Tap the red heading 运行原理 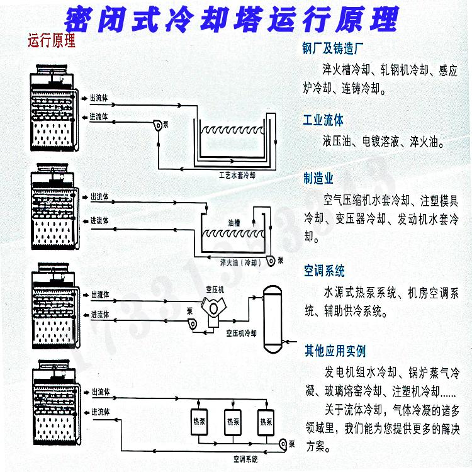(52, 43)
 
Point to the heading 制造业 (318, 179)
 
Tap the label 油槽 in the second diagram (235, 223)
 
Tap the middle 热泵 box (233, 421)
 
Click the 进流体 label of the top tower (99, 117)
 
